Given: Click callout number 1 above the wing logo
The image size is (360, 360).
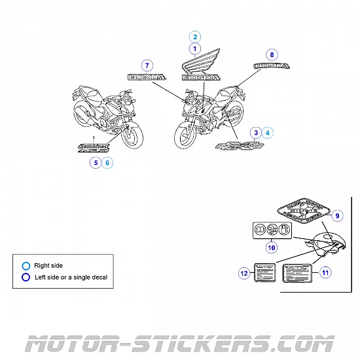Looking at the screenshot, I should click(x=194, y=48).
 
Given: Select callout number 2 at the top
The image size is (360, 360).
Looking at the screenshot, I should click(x=194, y=37).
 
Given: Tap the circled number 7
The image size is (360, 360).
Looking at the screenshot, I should click(x=147, y=65).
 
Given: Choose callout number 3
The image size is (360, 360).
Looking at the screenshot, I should click(x=257, y=133).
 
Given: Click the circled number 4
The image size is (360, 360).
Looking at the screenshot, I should click(x=268, y=133).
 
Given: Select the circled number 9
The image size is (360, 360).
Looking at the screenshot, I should click(x=338, y=216).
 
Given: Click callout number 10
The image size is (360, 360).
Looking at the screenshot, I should click(x=272, y=247).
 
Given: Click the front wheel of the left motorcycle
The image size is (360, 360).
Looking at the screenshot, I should click(x=134, y=137).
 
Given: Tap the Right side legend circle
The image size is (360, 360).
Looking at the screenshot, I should click(x=26, y=266).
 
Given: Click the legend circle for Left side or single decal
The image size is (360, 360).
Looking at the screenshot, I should click(x=26, y=277).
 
